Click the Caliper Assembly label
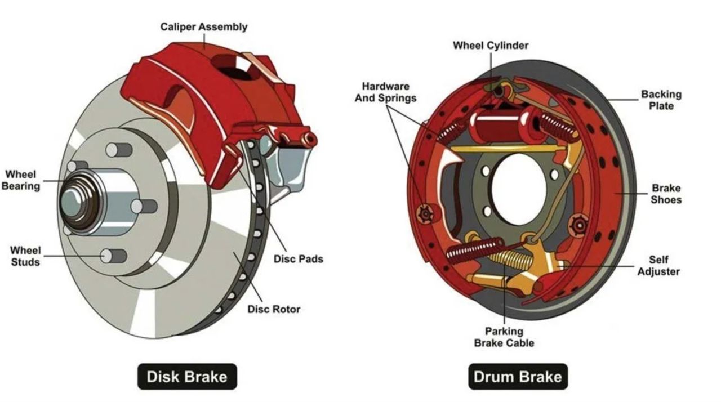click(x=203, y=26)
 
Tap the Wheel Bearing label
click(x=21, y=180)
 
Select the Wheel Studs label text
click(x=25, y=256)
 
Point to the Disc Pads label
click(x=298, y=259)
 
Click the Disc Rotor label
click(x=274, y=309)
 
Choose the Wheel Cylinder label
click(x=491, y=45)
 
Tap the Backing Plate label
click(x=661, y=100)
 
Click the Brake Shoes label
click(x=666, y=194)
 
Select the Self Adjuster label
click(x=658, y=266)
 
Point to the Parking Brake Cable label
click(x=504, y=337)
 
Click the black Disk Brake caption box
click(x=187, y=376)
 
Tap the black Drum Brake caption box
click(x=518, y=376)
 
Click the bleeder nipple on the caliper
click(x=309, y=139)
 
